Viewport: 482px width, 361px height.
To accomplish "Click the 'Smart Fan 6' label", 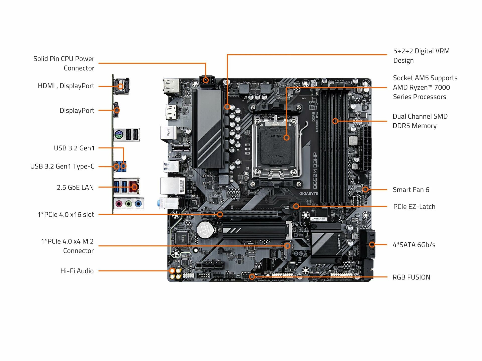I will pos(411,190).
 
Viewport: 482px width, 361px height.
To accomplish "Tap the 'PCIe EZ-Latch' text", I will pos(414,207).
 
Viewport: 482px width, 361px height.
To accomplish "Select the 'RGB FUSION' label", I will pos(411,277).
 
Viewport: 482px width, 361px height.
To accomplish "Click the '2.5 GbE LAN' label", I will pos(75,187).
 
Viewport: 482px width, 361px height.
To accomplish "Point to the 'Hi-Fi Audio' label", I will pos(77,271).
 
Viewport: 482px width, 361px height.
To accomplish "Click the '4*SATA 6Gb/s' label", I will pos(414,245).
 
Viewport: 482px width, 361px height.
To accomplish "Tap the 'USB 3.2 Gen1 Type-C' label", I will pos(62,166).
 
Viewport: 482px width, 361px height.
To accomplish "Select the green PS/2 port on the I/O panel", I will pos(118,135).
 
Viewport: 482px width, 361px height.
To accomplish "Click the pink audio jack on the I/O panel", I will pos(119,204).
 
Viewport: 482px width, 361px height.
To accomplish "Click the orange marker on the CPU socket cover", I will pos(286,137).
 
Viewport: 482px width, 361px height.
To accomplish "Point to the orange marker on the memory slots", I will pos(335,121).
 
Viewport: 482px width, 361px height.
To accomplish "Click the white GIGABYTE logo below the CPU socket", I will pos(308,194).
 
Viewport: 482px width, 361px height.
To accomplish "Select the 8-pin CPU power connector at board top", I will pos(207,81).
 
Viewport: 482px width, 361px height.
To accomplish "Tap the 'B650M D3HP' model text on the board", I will pos(315,170).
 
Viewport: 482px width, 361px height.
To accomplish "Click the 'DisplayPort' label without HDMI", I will pos(77,110).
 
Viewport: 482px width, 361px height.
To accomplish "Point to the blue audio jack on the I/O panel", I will pos(138,204).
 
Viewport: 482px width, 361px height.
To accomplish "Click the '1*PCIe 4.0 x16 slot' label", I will pos(66,215).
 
